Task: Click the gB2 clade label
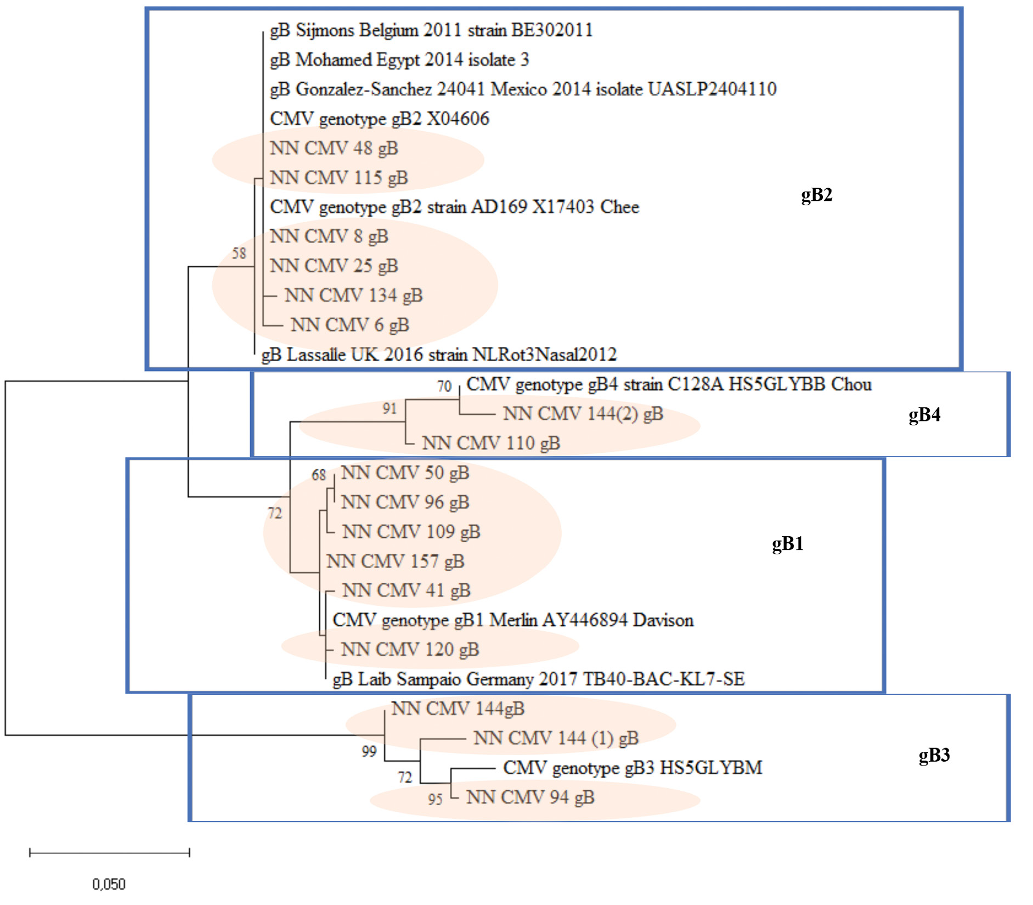pyautogui.click(x=816, y=195)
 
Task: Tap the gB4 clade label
pyautogui.click(x=924, y=415)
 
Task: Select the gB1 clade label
pyautogui.click(x=787, y=544)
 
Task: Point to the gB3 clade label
pyautogui.click(x=934, y=756)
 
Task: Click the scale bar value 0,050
pyautogui.click(x=109, y=884)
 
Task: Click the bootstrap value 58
pyautogui.click(x=239, y=254)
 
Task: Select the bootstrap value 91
pyautogui.click(x=390, y=409)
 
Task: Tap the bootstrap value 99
pyautogui.click(x=369, y=752)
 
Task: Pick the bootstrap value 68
pyautogui.click(x=319, y=475)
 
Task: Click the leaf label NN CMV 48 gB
pyautogui.click(x=334, y=148)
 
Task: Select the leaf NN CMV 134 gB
pyautogui.click(x=353, y=296)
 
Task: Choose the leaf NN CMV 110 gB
pyautogui.click(x=490, y=443)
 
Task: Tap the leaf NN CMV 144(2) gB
pyautogui.click(x=583, y=414)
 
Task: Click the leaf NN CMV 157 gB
pyautogui.click(x=395, y=561)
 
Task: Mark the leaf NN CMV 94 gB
pyautogui.click(x=530, y=797)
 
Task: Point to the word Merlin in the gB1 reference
pyautogui.click(x=513, y=620)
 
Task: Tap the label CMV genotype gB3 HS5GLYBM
pyautogui.click(x=632, y=768)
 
